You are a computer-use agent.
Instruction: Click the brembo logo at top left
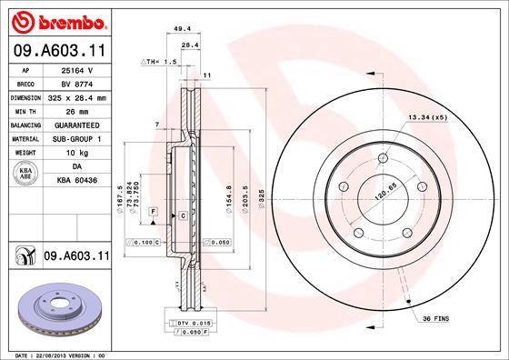[x=56, y=20]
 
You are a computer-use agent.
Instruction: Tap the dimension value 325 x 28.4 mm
[x=76, y=96]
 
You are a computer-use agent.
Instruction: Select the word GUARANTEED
[x=76, y=125]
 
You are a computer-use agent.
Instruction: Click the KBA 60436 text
[x=76, y=181]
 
